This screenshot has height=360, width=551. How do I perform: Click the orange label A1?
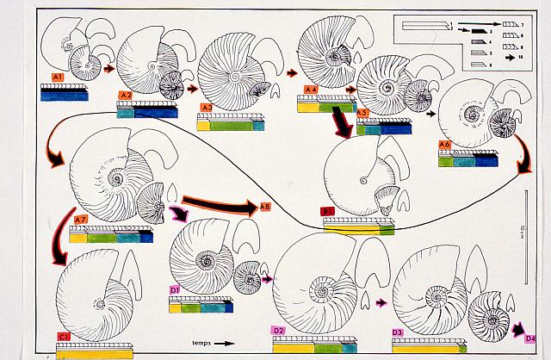59,78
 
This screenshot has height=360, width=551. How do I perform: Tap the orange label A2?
125,95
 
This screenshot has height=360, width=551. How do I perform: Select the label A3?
207,108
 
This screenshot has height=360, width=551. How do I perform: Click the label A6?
445,144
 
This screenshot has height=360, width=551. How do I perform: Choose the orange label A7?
79,220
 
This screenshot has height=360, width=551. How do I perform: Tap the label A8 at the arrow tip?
265,207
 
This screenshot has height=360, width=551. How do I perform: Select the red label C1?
64,336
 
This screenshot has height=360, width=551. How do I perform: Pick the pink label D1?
175,291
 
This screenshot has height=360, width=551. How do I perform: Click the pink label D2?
278,331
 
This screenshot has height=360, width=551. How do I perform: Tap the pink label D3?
398,332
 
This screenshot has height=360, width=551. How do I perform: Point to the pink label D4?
530,338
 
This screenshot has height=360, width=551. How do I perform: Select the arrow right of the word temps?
223,343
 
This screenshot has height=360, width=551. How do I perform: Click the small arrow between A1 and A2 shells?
109,67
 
